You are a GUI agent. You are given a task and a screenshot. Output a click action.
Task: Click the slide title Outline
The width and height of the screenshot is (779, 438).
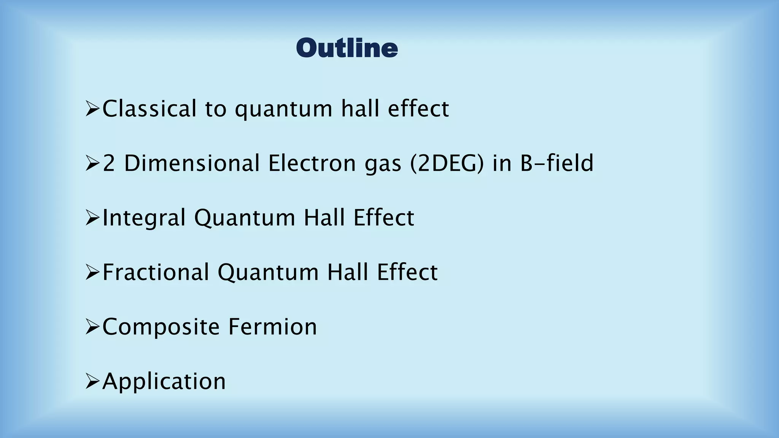point(347,48)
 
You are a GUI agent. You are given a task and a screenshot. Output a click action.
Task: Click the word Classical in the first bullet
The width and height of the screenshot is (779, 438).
point(149,109)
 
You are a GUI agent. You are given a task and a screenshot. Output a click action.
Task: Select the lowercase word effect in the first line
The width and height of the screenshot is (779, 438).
point(418,109)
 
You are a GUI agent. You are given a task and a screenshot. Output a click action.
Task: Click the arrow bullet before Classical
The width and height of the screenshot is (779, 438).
point(92,109)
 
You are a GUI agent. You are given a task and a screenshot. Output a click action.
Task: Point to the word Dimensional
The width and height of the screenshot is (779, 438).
point(192,163)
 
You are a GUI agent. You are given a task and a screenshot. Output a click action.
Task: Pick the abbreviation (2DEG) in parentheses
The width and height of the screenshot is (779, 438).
point(447,163)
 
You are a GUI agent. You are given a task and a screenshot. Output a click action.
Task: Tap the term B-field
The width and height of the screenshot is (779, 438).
point(556,163)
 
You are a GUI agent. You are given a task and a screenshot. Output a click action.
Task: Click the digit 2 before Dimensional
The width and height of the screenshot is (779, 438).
point(109,163)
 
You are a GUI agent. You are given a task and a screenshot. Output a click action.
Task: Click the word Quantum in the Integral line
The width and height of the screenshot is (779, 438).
point(245,218)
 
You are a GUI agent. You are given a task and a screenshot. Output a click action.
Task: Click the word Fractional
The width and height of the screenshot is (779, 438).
point(156,273)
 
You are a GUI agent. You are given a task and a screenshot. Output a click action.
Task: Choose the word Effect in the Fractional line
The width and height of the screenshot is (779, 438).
point(407,273)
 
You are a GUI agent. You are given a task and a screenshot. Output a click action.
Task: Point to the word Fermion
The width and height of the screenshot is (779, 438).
point(272,327)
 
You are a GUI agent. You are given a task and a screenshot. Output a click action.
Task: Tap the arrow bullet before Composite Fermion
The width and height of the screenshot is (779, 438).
point(92,327)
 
